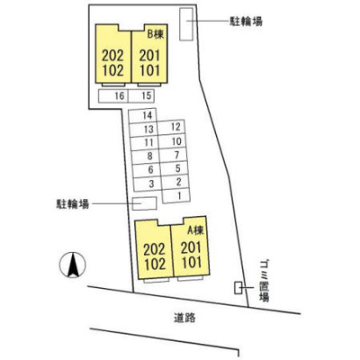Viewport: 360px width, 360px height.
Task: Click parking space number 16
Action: coord(113,96)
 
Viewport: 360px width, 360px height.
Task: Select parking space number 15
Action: coord(141,95)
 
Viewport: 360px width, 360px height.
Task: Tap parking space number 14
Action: coord(143,115)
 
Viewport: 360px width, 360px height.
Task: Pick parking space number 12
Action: coord(171,127)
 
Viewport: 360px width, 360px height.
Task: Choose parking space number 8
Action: coord(146,157)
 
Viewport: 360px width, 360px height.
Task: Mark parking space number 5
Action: coord(174,169)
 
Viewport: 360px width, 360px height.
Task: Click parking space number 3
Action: coord(148,184)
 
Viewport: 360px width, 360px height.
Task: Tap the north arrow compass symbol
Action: coord(73,265)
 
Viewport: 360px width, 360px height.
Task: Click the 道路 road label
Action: coord(184,318)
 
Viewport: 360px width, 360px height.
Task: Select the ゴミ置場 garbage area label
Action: coord(264,281)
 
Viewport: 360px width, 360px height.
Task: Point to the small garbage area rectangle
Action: coord(238,288)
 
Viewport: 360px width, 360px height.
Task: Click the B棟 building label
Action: coord(156,35)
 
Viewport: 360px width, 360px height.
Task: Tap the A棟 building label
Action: coord(195,230)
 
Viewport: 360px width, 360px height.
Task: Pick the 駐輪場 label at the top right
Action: coord(246,22)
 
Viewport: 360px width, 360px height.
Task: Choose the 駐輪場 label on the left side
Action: coord(73,204)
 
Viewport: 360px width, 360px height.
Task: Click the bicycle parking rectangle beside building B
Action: coord(186,23)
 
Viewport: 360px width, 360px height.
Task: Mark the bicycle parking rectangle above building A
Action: coord(145,203)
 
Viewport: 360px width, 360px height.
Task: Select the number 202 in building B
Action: coord(112,56)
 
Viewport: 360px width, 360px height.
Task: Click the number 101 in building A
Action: coord(192,262)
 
